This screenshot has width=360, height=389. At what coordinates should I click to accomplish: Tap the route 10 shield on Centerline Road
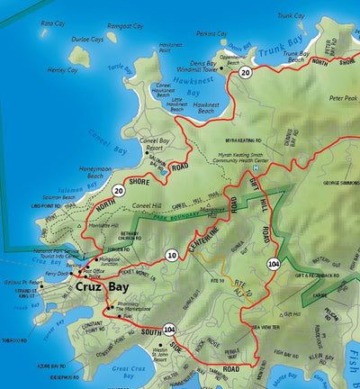[x=171, y=255]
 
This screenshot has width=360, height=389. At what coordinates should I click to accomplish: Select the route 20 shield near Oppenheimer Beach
[x=246, y=72]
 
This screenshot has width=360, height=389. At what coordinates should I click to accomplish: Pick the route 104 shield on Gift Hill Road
[x=273, y=263]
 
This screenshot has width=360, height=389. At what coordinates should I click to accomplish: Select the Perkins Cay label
[x=211, y=32]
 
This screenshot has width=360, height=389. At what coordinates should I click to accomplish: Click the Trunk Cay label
[x=291, y=15]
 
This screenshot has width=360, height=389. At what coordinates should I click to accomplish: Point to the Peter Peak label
[x=343, y=97]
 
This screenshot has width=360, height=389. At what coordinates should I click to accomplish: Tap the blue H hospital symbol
[x=256, y=168]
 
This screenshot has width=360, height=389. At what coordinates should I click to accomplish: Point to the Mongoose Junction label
[x=116, y=261]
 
